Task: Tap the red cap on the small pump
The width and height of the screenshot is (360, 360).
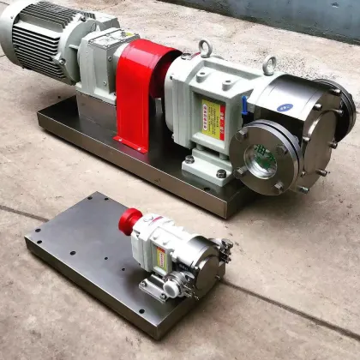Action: pos(130,220)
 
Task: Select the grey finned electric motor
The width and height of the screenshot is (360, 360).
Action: pos(47,43)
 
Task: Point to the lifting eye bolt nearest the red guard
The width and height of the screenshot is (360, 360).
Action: pos(206,49)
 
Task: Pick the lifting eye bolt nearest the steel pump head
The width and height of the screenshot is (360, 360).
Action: pos(269,65)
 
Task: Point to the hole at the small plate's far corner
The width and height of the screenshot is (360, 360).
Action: pos(92,200)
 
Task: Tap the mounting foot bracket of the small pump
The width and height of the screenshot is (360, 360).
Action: pos(153,290)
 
